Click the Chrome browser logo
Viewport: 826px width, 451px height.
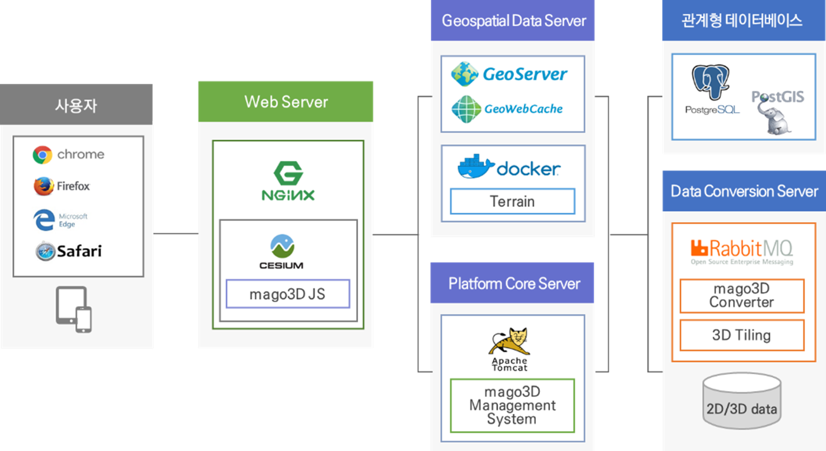click(x=42, y=155)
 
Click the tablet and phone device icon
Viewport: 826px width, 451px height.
click(x=74, y=309)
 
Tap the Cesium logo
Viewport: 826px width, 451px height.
click(x=281, y=251)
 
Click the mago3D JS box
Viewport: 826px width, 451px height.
click(x=288, y=294)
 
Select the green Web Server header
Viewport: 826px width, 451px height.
click(x=285, y=102)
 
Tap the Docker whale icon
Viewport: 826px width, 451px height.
click(x=476, y=167)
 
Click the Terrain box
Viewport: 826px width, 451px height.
click(x=512, y=202)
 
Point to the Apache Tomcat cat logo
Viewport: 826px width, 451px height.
click(x=509, y=342)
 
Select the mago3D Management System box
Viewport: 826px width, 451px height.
click(x=512, y=405)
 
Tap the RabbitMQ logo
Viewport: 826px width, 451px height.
click(x=741, y=250)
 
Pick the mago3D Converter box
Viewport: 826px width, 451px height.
click(x=742, y=296)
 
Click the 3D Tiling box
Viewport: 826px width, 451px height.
click(x=742, y=335)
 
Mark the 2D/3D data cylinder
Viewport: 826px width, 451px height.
click(x=741, y=402)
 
